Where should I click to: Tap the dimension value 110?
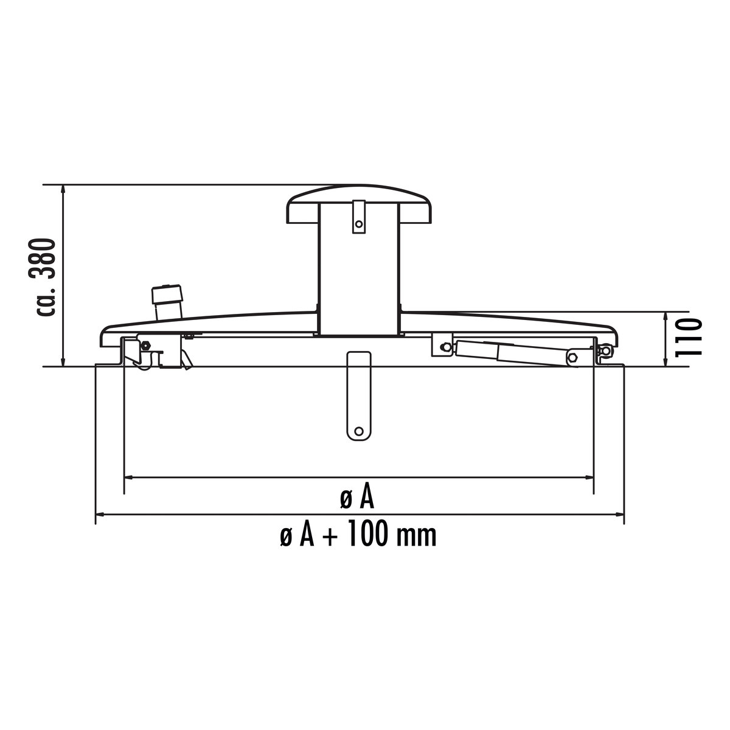coord(688,338)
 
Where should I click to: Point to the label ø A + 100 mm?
coord(358,535)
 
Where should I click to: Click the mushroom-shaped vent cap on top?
coord(359,204)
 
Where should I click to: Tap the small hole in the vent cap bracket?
coord(358,224)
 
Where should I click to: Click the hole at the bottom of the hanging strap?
coord(358,431)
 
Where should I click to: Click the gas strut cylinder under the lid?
coord(515,352)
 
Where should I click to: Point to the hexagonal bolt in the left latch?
coord(144,345)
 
